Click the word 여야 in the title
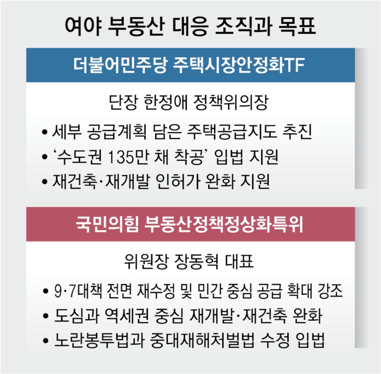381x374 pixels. [83, 26]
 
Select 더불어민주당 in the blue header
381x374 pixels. [120, 65]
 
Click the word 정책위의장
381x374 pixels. [231, 102]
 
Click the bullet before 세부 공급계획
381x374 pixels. [44, 132]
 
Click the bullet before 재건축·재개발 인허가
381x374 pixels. [44, 182]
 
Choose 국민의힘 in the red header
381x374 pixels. [107, 224]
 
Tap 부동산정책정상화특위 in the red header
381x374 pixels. [224, 224]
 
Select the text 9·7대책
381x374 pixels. [78, 291]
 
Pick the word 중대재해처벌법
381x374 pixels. [202, 340]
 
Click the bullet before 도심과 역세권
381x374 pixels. [46, 316]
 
